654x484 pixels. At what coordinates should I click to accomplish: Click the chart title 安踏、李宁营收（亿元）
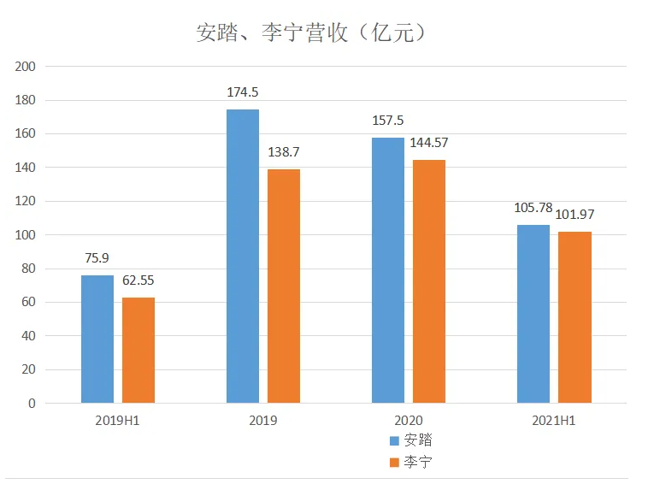311,33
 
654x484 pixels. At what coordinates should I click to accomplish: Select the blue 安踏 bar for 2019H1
97,339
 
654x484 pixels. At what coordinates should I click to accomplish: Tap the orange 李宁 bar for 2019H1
138,350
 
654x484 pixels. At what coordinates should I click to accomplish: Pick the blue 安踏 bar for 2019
242,257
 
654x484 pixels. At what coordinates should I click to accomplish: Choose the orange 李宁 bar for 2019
284,286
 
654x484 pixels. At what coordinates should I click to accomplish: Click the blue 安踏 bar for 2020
387,270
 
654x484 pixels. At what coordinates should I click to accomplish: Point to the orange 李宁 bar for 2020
429,281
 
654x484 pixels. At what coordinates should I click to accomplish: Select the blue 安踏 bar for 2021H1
533,314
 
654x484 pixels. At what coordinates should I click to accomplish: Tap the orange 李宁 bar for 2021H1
574,317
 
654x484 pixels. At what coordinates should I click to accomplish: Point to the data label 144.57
429,143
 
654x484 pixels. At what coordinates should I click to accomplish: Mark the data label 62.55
138,280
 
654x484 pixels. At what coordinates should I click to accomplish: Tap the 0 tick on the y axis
32,404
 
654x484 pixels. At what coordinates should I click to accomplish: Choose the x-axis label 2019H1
118,421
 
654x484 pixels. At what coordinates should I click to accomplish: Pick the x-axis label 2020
408,421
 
